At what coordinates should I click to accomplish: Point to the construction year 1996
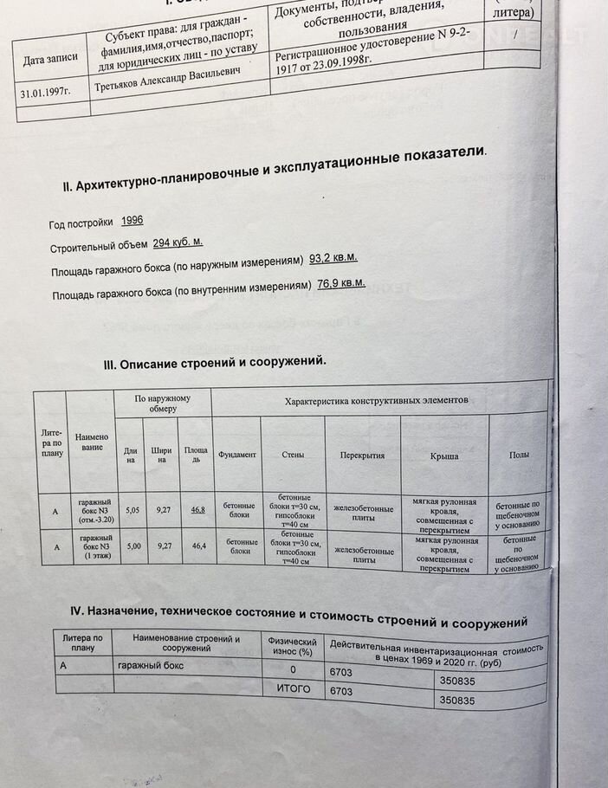point(133,222)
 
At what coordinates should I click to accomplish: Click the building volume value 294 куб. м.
point(178,242)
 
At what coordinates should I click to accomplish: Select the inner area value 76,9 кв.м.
point(340,283)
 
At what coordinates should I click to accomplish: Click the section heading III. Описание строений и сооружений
point(215,363)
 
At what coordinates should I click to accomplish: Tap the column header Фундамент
point(236,455)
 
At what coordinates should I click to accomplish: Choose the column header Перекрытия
point(362,455)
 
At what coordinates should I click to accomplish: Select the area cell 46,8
point(197,510)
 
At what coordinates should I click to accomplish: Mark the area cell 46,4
point(198,546)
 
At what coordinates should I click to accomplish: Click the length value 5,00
point(132,546)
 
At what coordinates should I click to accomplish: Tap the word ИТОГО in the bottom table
point(293,690)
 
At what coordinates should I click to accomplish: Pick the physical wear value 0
point(293,669)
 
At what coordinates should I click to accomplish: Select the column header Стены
point(293,455)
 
